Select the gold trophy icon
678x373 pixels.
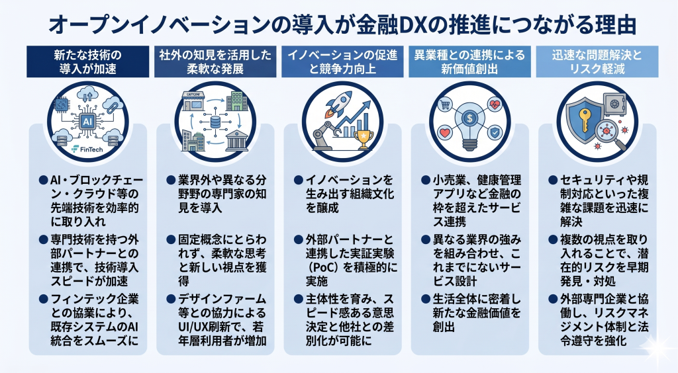tap(362, 138)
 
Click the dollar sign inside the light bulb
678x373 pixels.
tap(468, 118)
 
